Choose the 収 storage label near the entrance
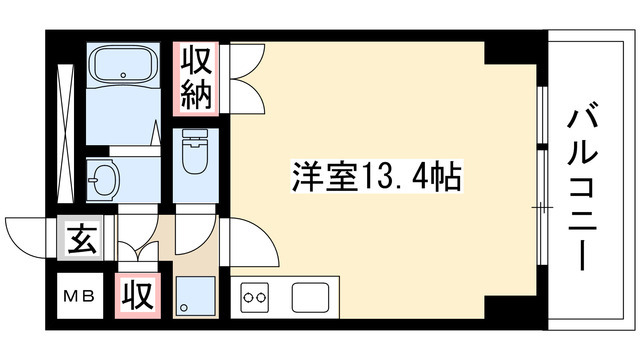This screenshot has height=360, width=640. pos(138,295)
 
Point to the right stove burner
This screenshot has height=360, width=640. pos(264,297)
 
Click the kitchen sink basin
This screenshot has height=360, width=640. pos(310,296)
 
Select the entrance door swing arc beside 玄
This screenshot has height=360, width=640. pos(28,236)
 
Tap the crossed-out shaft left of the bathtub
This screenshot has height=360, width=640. pos(67,129)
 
